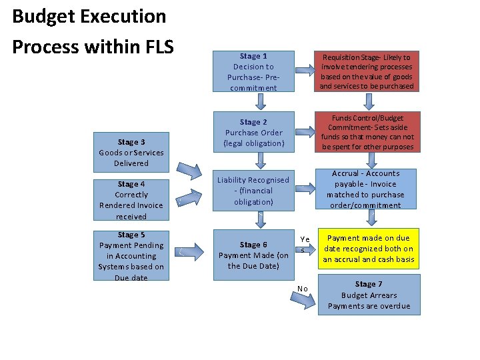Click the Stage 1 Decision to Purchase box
pyautogui.click(x=253, y=72)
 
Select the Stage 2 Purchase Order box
pyautogui.click(x=253, y=132)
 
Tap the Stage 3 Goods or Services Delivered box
pyautogui.click(x=131, y=153)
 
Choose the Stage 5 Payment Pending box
pyautogui.click(x=131, y=255)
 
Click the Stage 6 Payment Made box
pyautogui.click(x=253, y=255)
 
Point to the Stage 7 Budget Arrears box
pyautogui.click(x=369, y=295)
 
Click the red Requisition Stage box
pyautogui.click(x=367, y=72)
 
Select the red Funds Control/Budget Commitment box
pyautogui.click(x=367, y=132)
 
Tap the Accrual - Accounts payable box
pyautogui.click(x=367, y=189)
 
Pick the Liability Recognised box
pyautogui.click(x=253, y=190)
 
